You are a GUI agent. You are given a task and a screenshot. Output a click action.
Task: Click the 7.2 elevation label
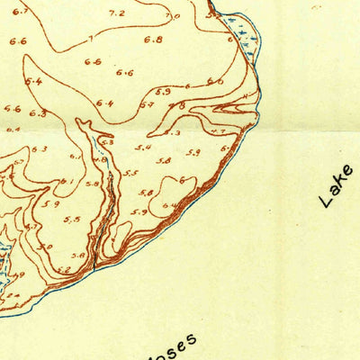pos(116,13)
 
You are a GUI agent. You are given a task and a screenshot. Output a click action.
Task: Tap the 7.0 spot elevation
pos(172,16)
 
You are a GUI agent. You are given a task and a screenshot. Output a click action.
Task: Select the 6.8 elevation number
pos(153,40)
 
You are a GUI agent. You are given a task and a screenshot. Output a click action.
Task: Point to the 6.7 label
pos(21,12)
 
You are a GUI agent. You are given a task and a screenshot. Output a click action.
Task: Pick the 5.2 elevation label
pos(63,269)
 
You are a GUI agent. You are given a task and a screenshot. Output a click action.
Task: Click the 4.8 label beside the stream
pos(92,184)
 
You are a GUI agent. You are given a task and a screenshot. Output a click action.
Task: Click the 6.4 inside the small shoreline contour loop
pos(168,205)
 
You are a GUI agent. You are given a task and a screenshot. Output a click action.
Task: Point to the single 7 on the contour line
pos(88,37)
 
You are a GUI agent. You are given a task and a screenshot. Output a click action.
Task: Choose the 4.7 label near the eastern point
pos(218,132)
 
